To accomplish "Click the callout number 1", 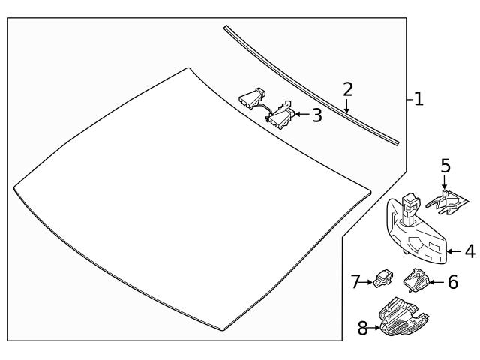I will tap(418, 98).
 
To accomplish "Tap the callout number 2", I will tap(348, 89).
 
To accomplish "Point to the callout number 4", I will tap(469, 252).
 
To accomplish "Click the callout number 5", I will tap(445, 165).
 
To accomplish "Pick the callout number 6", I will tap(452, 282).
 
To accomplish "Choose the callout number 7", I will tap(355, 282).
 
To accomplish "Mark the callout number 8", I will tap(363, 328).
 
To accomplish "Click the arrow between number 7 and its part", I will tap(367, 283).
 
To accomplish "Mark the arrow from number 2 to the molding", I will tap(347, 106).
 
